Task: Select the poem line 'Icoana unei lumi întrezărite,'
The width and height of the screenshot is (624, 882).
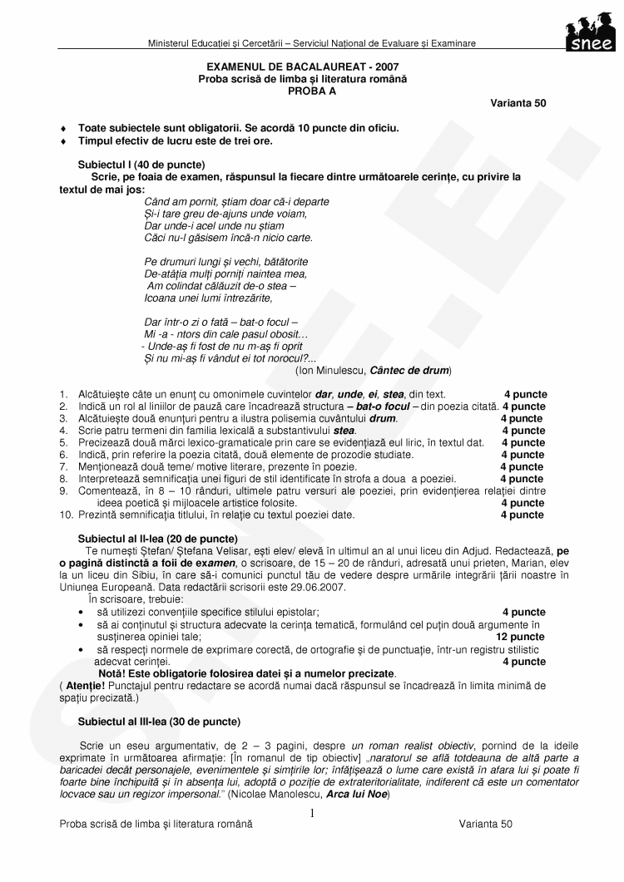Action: tap(208, 297)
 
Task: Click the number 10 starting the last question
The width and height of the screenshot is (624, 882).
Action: tap(65, 515)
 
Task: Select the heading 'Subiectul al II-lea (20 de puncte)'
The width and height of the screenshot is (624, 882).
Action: tap(157, 539)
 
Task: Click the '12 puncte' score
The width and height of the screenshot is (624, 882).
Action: tap(520, 636)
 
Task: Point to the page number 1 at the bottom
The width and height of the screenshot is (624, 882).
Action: tap(311, 813)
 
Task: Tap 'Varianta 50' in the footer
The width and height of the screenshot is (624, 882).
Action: tap(485, 824)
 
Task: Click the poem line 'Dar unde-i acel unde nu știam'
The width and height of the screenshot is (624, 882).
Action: tap(214, 225)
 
